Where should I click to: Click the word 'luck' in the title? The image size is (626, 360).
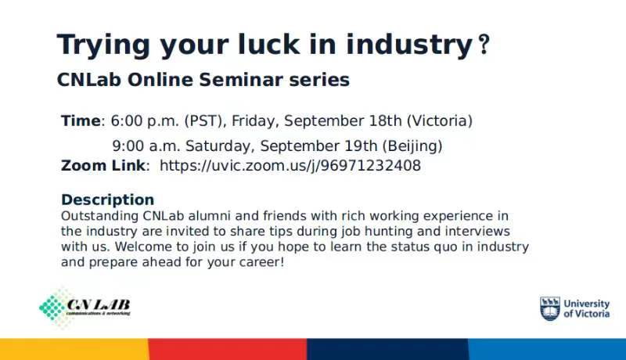click(x=268, y=45)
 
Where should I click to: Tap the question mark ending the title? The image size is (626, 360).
click(x=484, y=45)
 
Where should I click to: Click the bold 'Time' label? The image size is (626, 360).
click(x=81, y=121)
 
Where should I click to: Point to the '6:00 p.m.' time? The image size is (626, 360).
click(x=145, y=121)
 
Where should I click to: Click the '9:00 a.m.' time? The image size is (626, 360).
click(x=146, y=146)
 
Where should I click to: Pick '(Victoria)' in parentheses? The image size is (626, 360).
click(x=440, y=121)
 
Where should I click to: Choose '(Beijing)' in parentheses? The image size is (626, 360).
click(x=412, y=146)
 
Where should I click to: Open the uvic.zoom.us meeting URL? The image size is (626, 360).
click(x=290, y=166)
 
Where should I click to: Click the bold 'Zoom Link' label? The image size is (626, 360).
click(x=103, y=166)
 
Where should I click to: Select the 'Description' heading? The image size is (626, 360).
click(x=107, y=200)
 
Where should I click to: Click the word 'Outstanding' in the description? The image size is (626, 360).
click(x=99, y=216)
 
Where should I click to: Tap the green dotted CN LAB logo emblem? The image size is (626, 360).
click(x=53, y=308)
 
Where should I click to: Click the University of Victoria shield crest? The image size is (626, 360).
click(x=550, y=308)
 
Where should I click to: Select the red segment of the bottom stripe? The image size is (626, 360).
click(x=228, y=349)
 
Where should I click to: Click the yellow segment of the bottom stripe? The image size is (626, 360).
click(x=74, y=349)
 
